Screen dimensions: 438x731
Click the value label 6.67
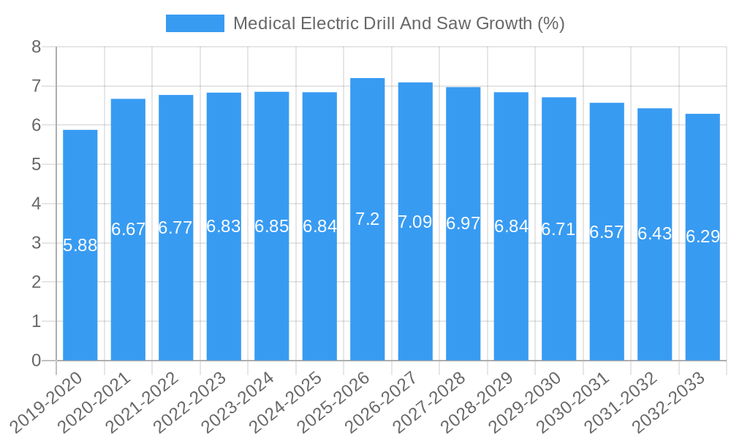click(129, 229)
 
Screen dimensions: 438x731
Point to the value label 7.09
click(415, 222)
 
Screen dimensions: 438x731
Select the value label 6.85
click(272, 226)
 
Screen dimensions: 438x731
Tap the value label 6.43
click(655, 234)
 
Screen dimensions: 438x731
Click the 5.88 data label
click(80, 245)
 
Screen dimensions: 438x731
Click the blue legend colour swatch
click(195, 23)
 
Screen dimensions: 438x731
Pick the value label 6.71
click(558, 229)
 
